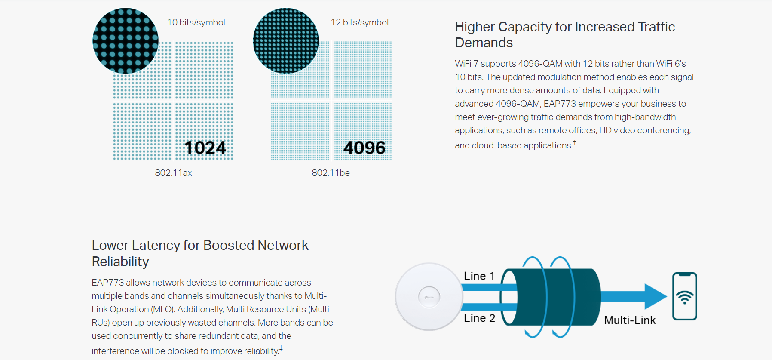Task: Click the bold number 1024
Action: (205, 148)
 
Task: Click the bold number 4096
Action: (364, 148)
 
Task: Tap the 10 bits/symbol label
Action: (196, 22)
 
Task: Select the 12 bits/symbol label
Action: (359, 22)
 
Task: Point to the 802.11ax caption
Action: (173, 173)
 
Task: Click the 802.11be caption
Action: (331, 173)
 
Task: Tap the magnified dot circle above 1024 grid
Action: (126, 41)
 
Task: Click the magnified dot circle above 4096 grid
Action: (286, 41)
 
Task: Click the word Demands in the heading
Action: (484, 43)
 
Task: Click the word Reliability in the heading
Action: (120, 262)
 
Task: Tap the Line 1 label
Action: (479, 276)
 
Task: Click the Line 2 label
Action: (479, 318)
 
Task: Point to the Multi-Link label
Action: (630, 320)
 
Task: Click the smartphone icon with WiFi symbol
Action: (684, 296)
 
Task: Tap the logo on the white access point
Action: (429, 297)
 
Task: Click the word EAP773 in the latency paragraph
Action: (107, 283)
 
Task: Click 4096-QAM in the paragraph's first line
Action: (540, 64)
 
